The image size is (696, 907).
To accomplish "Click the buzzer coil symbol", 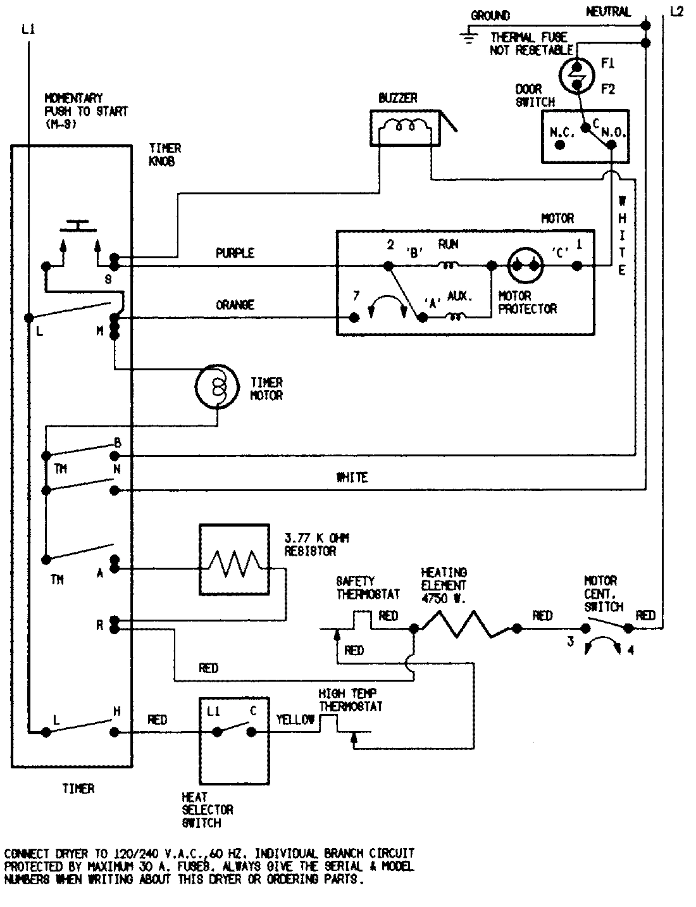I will pyautogui.click(x=403, y=127).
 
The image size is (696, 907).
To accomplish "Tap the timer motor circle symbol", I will pyautogui.click(x=214, y=385).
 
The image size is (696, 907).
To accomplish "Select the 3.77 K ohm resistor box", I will pyautogui.click(x=233, y=560).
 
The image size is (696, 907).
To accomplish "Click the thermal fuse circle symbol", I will pyautogui.click(x=577, y=75).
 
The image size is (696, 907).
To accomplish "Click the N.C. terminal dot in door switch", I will pyautogui.click(x=559, y=145).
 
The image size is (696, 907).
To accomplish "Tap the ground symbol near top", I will pyautogui.click(x=469, y=36).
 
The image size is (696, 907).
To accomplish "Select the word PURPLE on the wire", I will pyautogui.click(x=235, y=253).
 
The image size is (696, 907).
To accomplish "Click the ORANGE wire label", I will pyautogui.click(x=235, y=304).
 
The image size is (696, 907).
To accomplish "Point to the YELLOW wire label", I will pyautogui.click(x=295, y=720).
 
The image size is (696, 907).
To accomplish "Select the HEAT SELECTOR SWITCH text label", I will pyautogui.click(x=207, y=810).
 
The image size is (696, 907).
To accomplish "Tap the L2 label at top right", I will pyautogui.click(x=676, y=11).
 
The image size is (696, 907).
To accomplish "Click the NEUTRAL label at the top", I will pyautogui.click(x=608, y=11).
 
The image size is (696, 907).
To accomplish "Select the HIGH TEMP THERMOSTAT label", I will pyautogui.click(x=350, y=700).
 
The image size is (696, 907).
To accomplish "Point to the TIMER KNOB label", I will pyautogui.click(x=165, y=154).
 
